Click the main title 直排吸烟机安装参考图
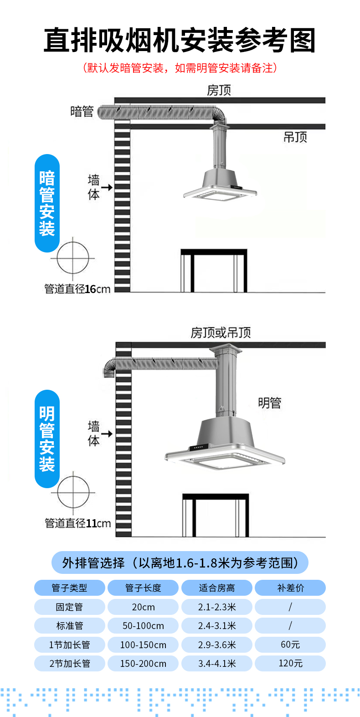(x=180, y=40)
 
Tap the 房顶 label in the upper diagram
(x=219, y=90)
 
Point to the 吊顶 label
(x=295, y=137)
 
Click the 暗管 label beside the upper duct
(x=82, y=111)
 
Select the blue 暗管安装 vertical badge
(x=47, y=203)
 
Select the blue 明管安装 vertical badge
(x=47, y=439)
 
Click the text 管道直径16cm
(x=77, y=289)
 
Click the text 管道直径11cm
(x=77, y=523)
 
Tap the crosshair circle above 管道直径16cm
(x=73, y=258)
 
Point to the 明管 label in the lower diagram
(x=269, y=403)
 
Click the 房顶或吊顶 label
(x=221, y=333)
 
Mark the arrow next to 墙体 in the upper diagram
(x=107, y=187)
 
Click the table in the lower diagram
(x=216, y=514)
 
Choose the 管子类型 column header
(x=69, y=588)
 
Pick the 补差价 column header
(x=290, y=588)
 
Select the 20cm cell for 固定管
(x=143, y=607)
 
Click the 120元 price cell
(x=290, y=663)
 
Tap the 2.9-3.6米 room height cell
(x=217, y=645)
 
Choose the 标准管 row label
(x=69, y=626)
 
